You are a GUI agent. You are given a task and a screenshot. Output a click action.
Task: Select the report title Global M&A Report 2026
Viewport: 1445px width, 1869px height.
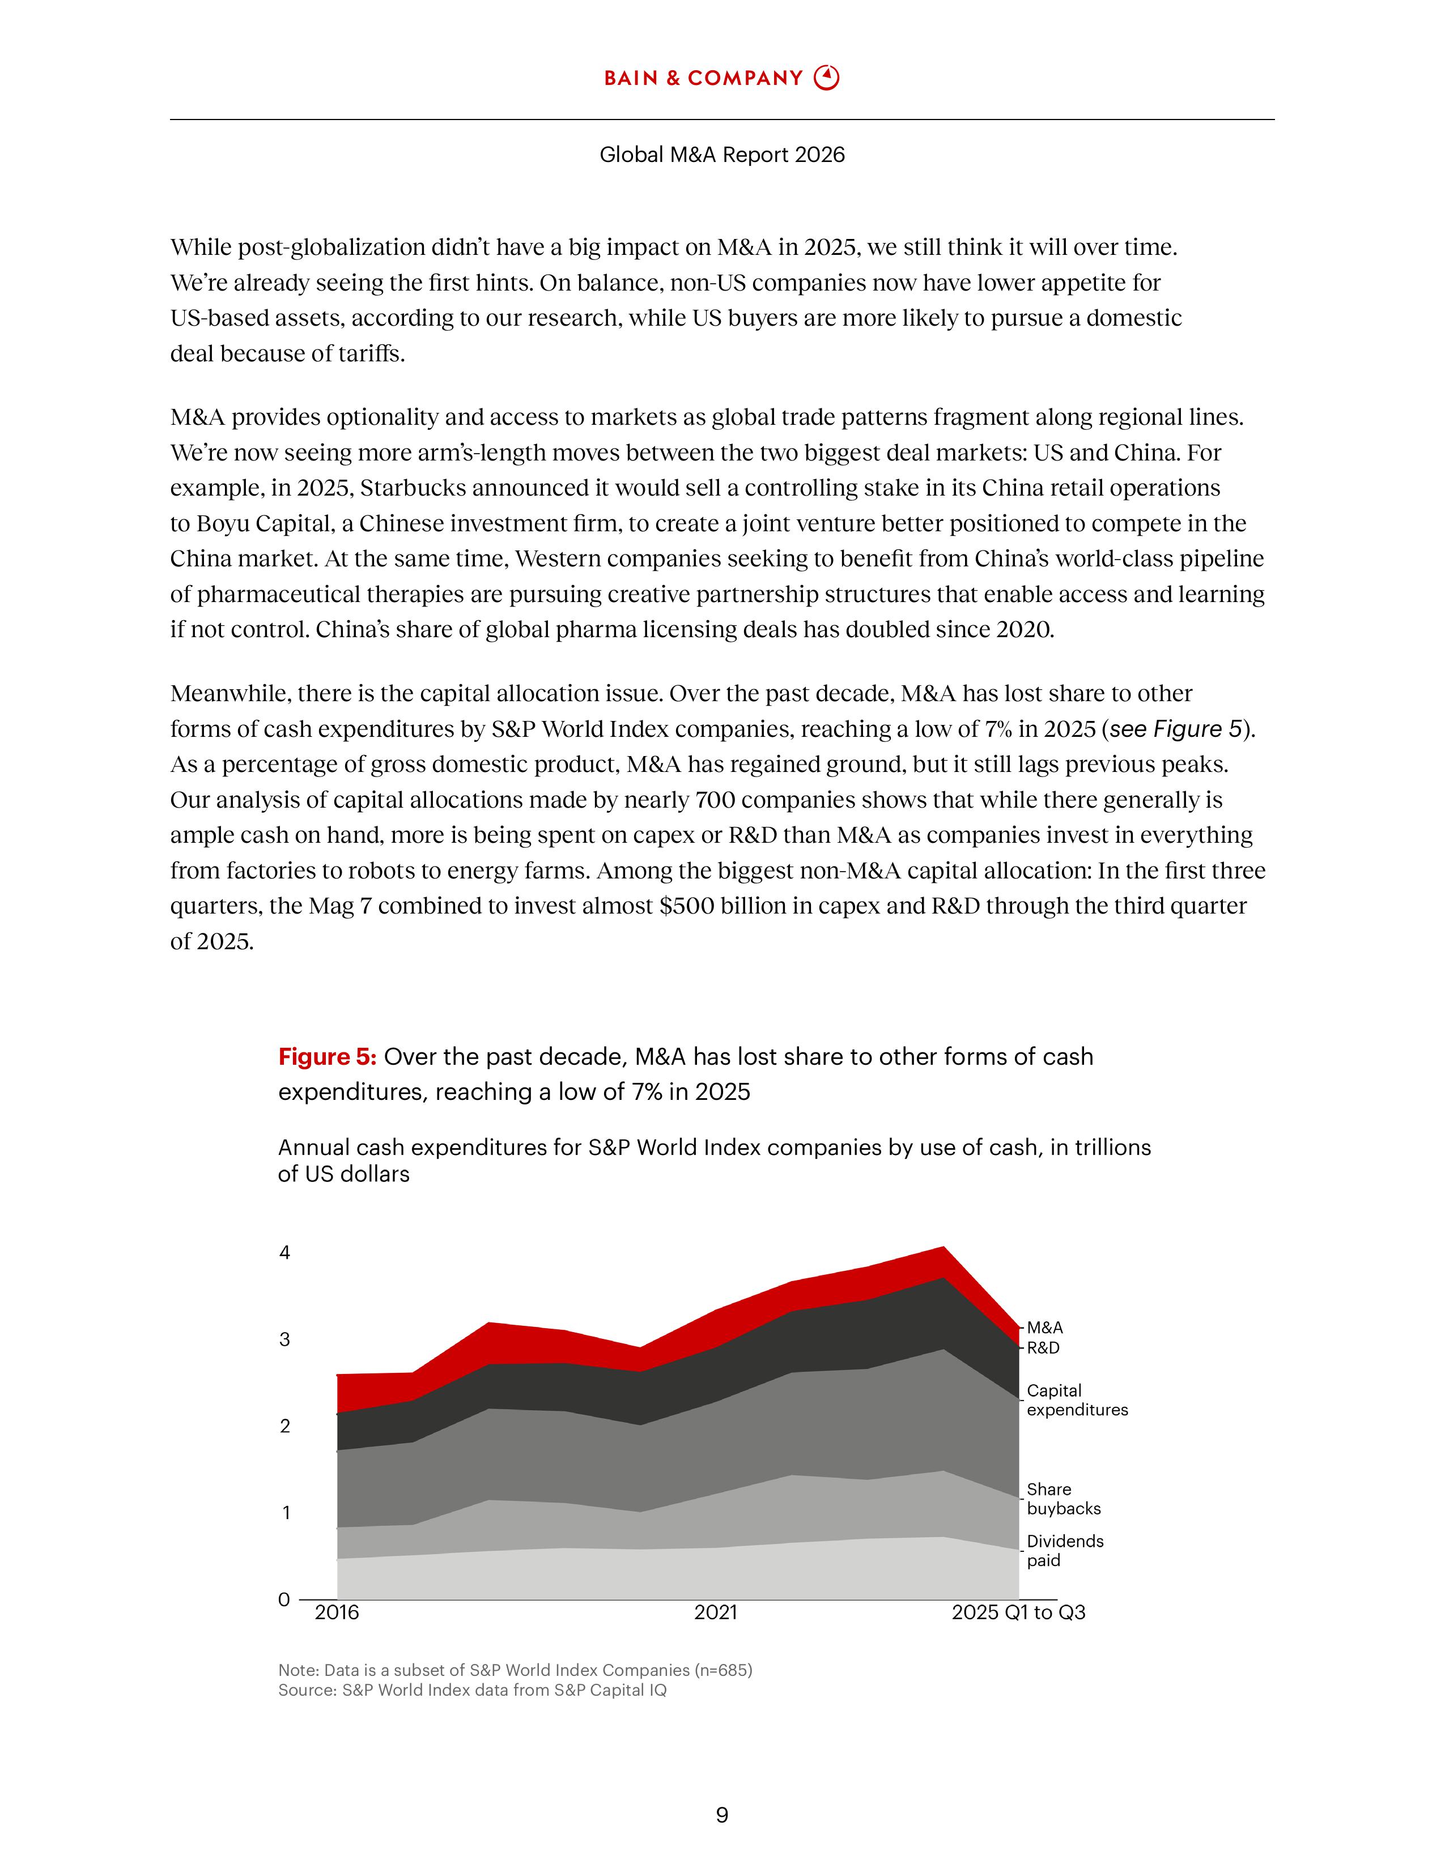pyautogui.click(x=721, y=155)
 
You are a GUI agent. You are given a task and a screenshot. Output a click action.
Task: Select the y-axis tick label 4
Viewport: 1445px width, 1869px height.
pyautogui.click(x=285, y=1253)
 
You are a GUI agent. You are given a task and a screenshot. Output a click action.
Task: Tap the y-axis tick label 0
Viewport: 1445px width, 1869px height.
pyautogui.click(x=284, y=1599)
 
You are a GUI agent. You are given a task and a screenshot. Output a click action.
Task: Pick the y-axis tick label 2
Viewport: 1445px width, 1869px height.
pyautogui.click(x=285, y=1426)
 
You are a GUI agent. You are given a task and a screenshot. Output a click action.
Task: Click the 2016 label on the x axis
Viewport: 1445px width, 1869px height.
pyautogui.click(x=337, y=1613)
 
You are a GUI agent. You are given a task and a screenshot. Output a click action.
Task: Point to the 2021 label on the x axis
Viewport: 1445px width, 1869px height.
pyautogui.click(x=716, y=1613)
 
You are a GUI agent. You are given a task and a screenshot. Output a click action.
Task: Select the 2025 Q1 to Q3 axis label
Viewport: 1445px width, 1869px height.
pyautogui.click(x=1019, y=1613)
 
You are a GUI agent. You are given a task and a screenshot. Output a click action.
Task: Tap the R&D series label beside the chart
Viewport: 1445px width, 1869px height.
pyautogui.click(x=1043, y=1348)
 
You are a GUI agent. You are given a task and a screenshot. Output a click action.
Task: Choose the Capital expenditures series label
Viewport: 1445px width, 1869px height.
pyautogui.click(x=1077, y=1400)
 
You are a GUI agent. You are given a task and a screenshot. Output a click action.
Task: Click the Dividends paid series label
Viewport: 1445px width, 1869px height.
pyautogui.click(x=1065, y=1551)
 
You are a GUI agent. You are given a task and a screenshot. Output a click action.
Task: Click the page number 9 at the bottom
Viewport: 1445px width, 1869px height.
pyautogui.click(x=721, y=1815)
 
